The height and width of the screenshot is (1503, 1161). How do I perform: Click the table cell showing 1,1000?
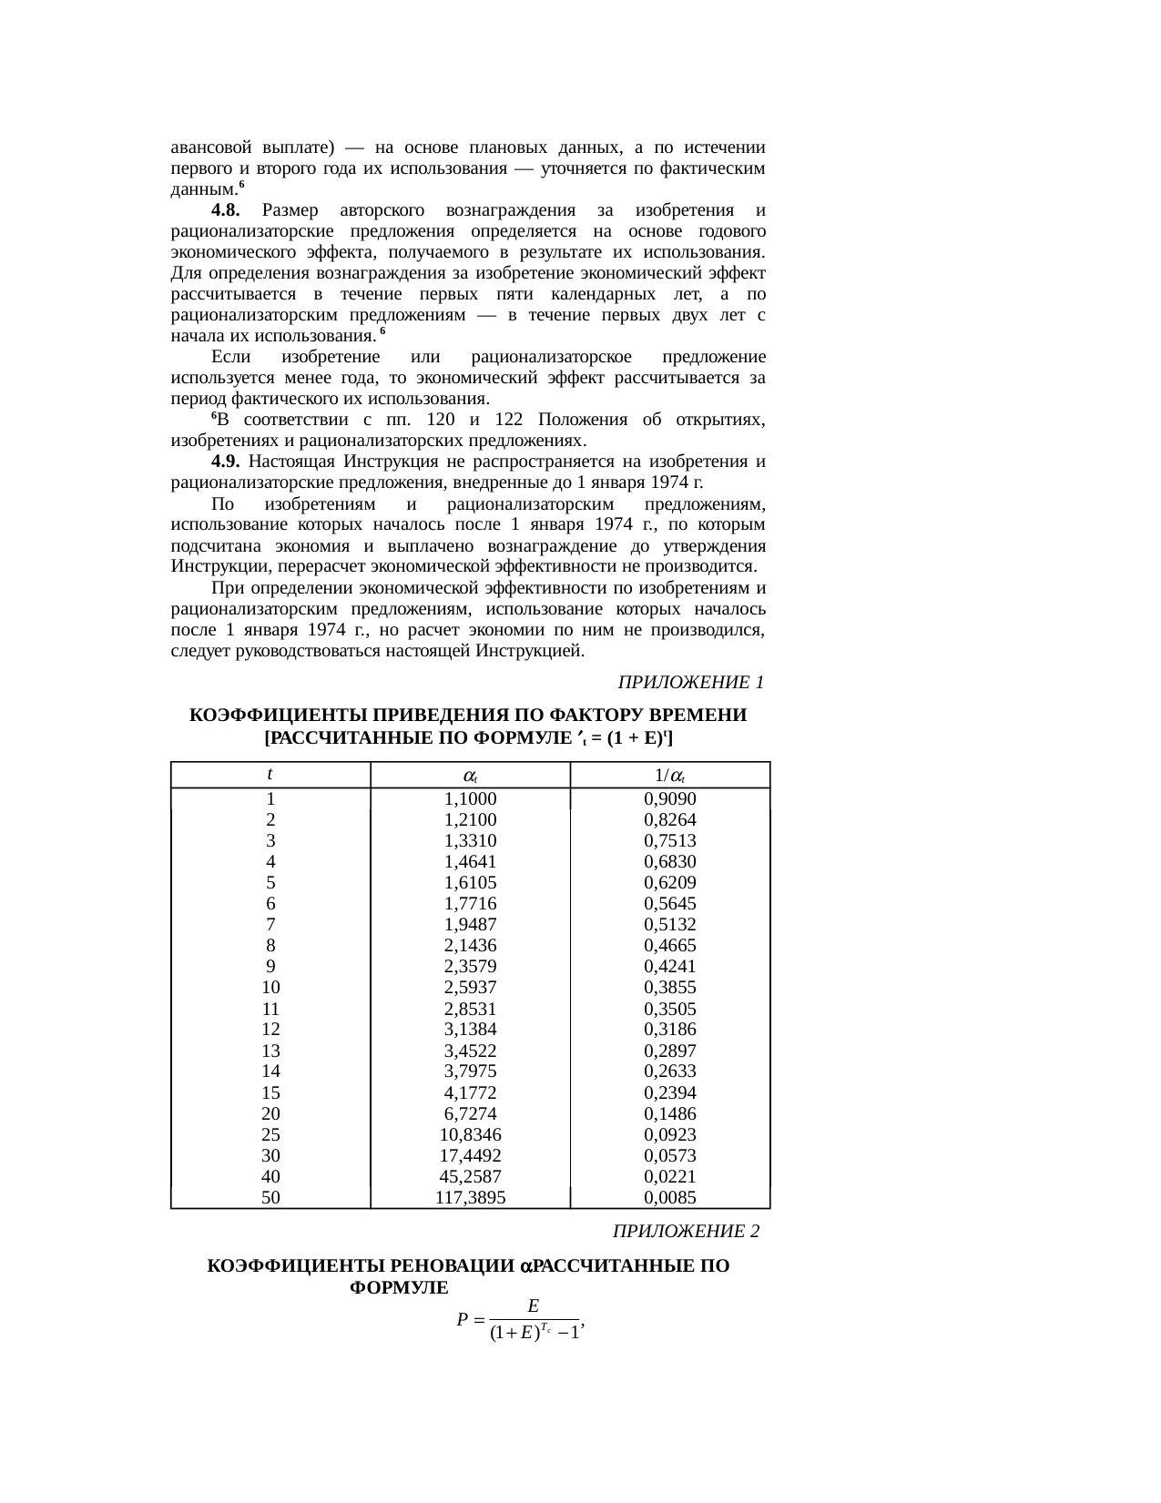[470, 798]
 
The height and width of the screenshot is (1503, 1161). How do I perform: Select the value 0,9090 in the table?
[669, 798]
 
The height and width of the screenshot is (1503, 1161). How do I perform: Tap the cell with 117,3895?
[470, 1197]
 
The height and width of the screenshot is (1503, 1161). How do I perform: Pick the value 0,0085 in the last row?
[669, 1197]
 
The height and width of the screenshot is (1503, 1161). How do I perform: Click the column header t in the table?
[270, 774]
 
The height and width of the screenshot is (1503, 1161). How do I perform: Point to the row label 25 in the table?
[270, 1134]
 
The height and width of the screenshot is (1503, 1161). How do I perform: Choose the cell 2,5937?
[470, 987]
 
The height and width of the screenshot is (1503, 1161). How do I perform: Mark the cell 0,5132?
[669, 924]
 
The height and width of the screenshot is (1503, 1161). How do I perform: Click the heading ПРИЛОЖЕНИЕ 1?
[690, 682]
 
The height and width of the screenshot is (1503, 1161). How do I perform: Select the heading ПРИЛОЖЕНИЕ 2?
[686, 1231]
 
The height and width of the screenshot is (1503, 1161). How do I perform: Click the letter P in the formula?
[463, 1319]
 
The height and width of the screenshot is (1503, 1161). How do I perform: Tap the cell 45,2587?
[470, 1176]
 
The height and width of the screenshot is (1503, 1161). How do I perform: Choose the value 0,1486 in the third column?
[669, 1113]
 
